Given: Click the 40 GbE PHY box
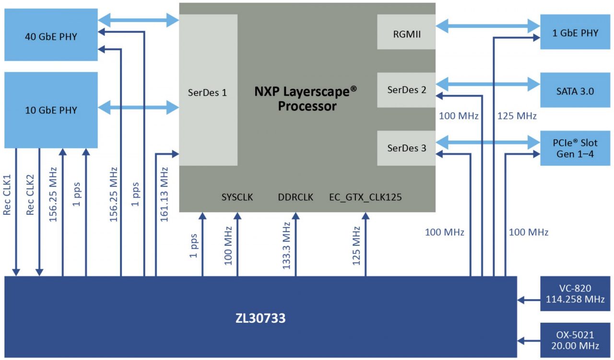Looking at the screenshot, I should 51,37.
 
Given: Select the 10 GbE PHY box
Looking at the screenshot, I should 51,110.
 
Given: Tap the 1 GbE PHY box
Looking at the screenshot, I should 575,33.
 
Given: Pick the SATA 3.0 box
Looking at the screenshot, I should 575,91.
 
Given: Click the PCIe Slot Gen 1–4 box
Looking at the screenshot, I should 575,148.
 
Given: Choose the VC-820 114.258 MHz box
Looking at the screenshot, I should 575,294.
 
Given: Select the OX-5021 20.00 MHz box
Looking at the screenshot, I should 575,340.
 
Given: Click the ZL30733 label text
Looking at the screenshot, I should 260,318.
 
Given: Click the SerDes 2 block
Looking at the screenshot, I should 406,90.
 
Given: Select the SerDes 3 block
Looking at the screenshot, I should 406,148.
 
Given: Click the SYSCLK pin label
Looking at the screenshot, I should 237,197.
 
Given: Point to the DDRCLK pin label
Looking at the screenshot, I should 295,197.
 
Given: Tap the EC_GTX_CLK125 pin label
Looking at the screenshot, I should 366,197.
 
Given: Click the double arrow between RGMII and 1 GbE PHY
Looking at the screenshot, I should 488,26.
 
